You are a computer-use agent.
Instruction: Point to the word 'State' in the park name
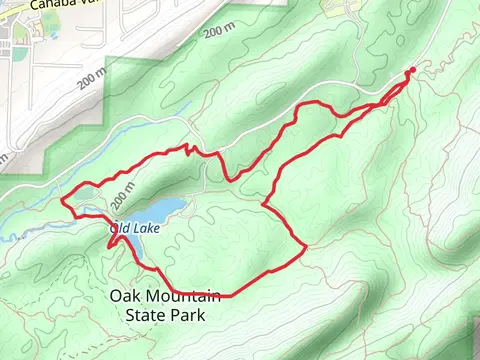point(146,315)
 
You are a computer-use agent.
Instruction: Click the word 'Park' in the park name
point(187,315)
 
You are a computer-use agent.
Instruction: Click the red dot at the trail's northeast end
point(413,70)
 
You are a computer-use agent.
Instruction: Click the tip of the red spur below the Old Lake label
point(108,241)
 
